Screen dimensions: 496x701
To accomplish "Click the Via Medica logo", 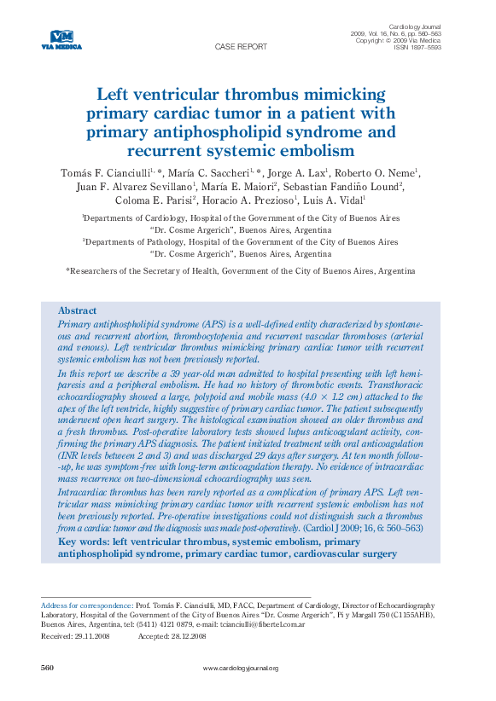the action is pyautogui.click(x=61, y=39).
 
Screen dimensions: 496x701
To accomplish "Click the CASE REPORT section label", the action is pyautogui.click(x=241, y=48).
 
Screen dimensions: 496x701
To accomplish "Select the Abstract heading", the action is pyautogui.click(x=77, y=311).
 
